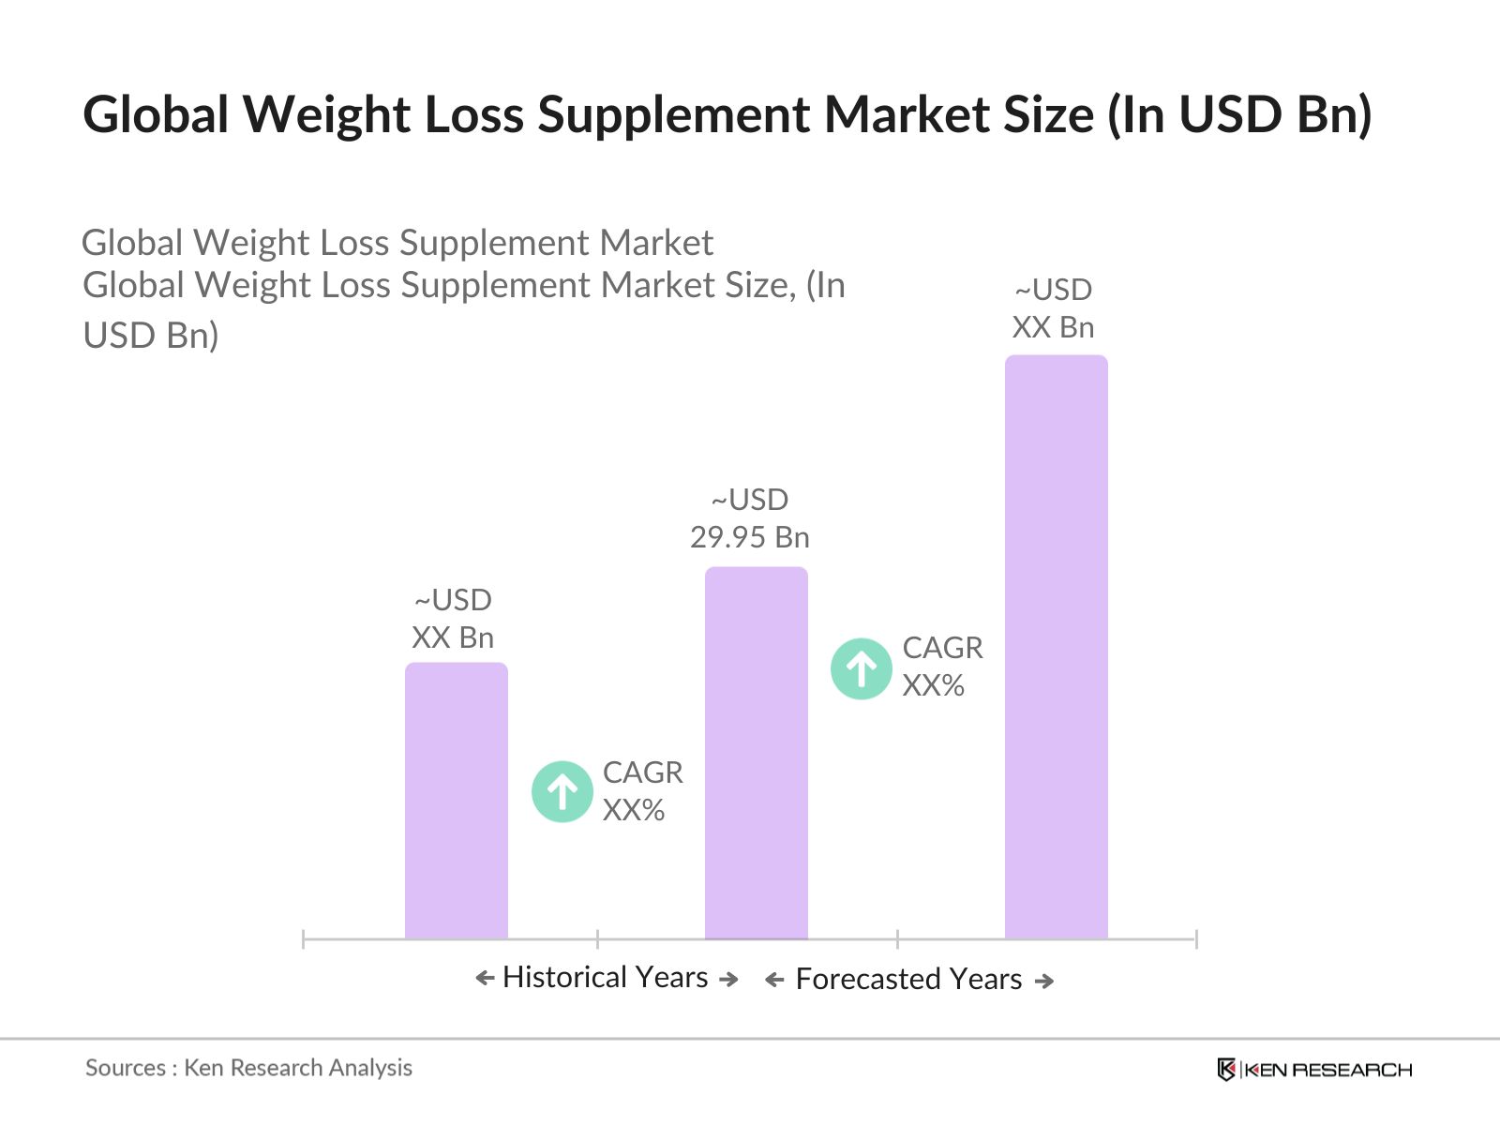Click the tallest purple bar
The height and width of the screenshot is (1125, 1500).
pyautogui.click(x=1056, y=647)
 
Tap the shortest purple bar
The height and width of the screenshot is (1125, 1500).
pyautogui.click(x=456, y=801)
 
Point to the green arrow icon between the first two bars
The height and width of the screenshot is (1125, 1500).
pyautogui.click(x=562, y=792)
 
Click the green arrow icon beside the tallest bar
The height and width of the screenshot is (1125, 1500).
pyautogui.click(x=861, y=668)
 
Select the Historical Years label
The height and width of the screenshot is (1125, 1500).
pyautogui.click(x=605, y=977)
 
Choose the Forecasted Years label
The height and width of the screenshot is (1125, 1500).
pyautogui.click(x=908, y=979)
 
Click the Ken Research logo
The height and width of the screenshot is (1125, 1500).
pyautogui.click(x=1314, y=1070)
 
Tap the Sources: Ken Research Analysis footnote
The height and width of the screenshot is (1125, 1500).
pyautogui.click(x=248, y=1068)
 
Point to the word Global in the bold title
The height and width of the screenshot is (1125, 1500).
pyautogui.click(x=156, y=114)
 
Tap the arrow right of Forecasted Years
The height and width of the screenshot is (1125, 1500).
pyautogui.click(x=1044, y=981)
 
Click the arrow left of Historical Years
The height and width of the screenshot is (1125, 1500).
pyautogui.click(x=485, y=979)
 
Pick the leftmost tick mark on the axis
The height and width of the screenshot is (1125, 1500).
pyautogui.click(x=304, y=938)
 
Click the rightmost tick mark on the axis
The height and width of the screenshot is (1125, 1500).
pyautogui.click(x=1196, y=938)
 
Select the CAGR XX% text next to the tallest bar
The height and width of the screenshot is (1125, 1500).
pyautogui.click(x=942, y=667)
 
